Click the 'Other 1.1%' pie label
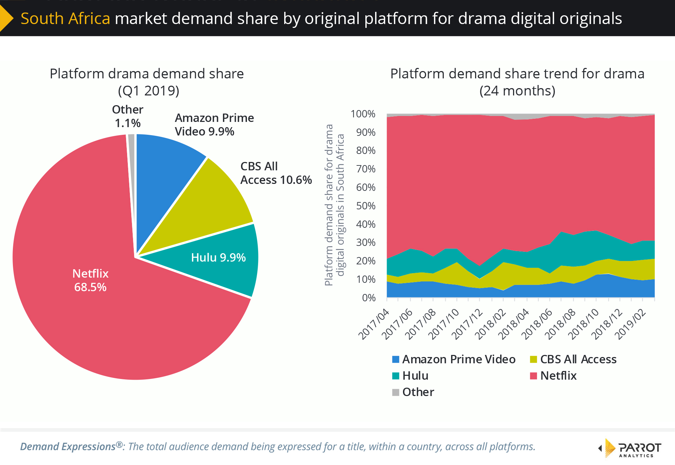tap(127, 116)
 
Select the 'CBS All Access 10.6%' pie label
tap(276, 173)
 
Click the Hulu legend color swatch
tap(396, 376)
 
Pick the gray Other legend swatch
tap(396, 393)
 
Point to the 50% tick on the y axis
tap(366, 206)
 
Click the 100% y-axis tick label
tap(363, 114)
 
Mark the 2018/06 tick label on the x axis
tap(537, 324)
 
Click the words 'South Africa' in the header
tap(65, 18)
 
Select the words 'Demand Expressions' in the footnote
tap(68, 447)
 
